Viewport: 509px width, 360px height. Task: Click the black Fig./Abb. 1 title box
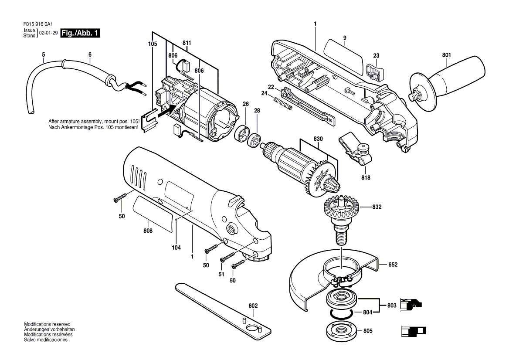point(80,33)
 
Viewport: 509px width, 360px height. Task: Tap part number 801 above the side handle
point(446,55)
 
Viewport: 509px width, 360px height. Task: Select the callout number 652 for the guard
point(393,265)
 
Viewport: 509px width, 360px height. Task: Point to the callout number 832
point(377,207)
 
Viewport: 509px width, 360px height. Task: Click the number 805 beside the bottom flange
point(368,331)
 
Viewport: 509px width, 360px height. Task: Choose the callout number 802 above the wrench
point(253,306)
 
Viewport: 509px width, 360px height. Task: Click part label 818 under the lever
point(366,177)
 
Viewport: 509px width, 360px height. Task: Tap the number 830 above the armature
point(318,139)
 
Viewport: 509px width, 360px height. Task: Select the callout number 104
point(176,248)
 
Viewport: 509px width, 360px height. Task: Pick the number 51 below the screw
point(221,274)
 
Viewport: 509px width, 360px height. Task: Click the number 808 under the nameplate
point(148,231)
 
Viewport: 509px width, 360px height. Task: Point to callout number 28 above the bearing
point(257,111)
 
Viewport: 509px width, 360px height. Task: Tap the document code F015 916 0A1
point(38,24)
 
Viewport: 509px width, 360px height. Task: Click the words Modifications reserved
point(47,324)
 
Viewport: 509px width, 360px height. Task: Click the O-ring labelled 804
point(342,314)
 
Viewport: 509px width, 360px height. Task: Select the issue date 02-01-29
point(48,33)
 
